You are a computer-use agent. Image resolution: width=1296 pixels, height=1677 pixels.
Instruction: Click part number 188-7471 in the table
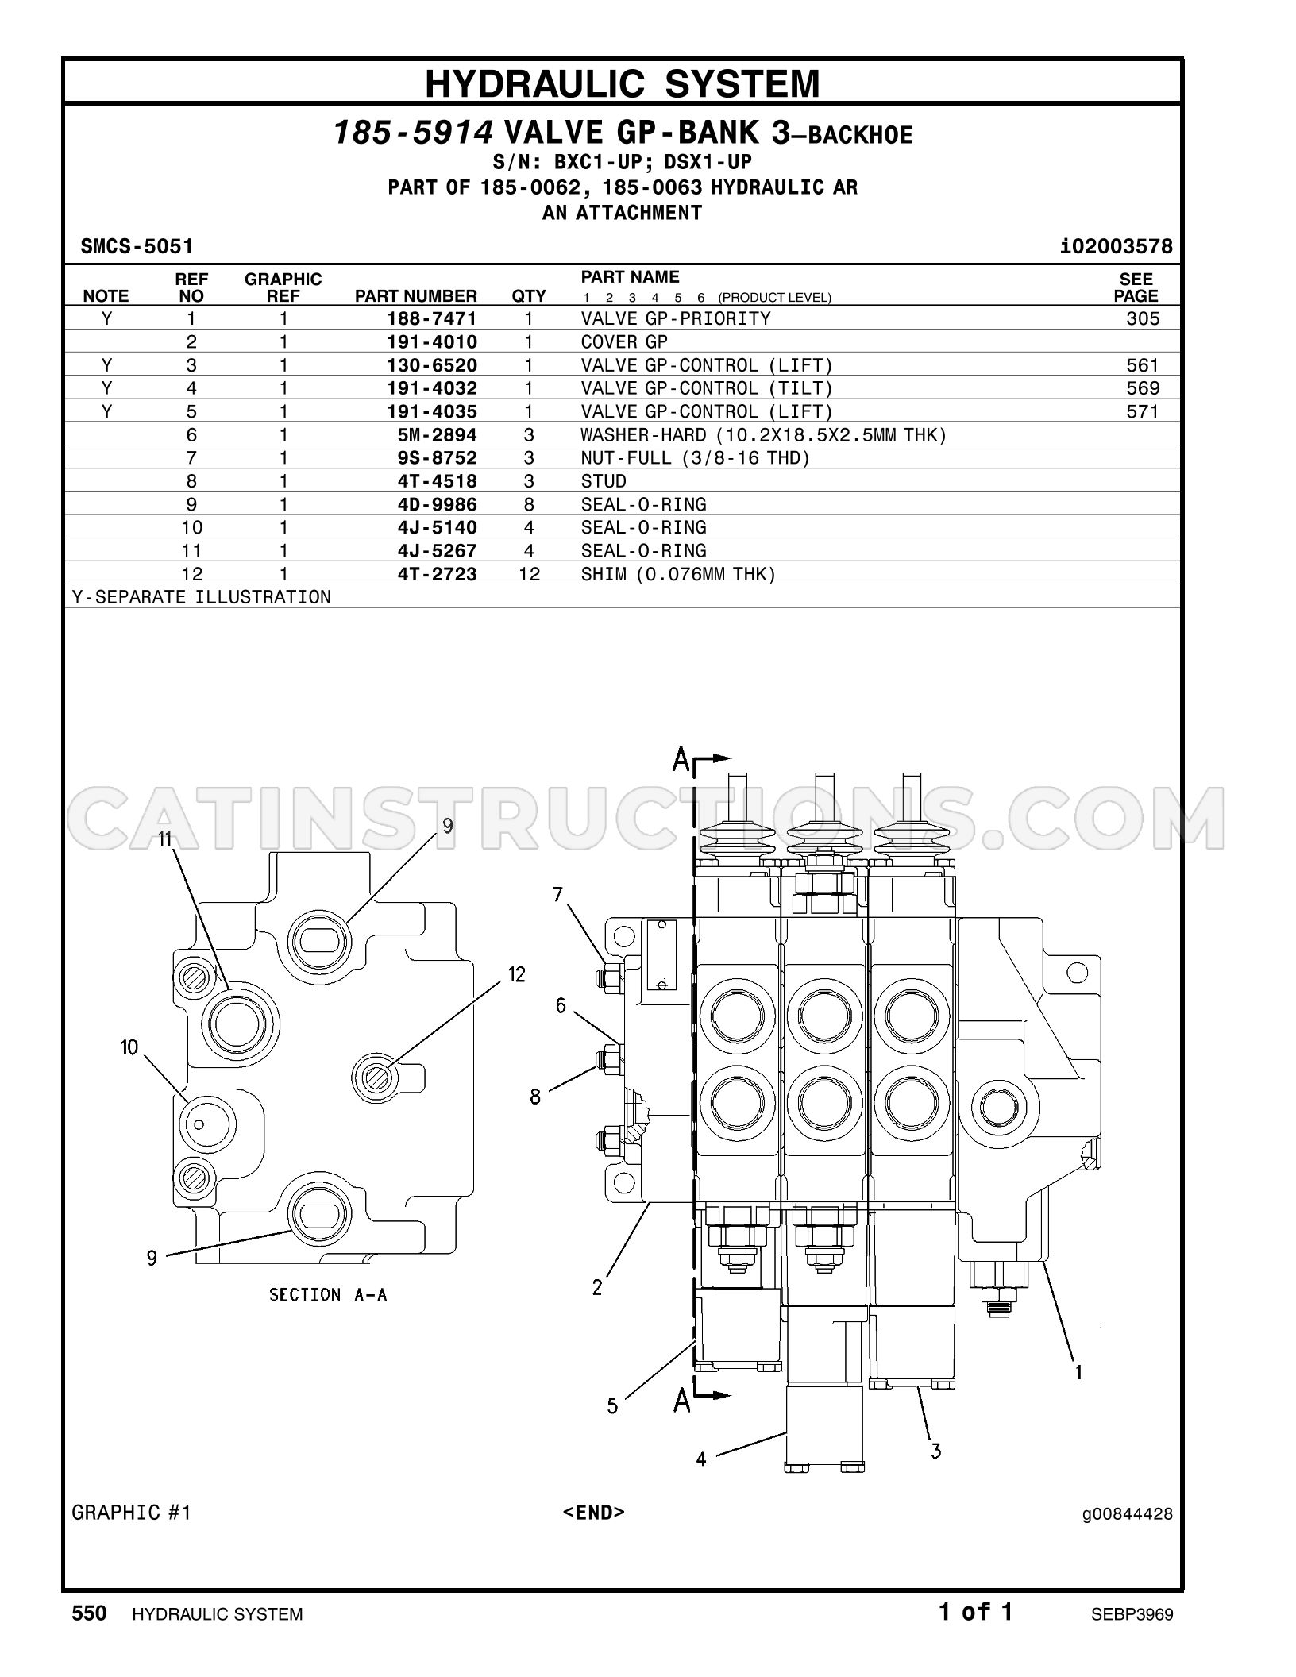pos(432,319)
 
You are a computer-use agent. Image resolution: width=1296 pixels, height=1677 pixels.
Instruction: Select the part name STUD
pos(604,481)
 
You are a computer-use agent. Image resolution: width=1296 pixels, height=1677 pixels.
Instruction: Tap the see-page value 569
pos(1143,388)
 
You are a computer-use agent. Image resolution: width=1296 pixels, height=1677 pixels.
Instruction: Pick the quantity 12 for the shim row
pos(529,574)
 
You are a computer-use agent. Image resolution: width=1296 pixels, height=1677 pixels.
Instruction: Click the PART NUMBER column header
pos(416,296)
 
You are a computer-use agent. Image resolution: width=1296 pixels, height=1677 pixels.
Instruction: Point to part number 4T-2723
pos(438,574)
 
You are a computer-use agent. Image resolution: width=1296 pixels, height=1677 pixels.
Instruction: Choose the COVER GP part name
pos(624,342)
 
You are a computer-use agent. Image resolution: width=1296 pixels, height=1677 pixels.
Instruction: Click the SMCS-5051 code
pos(137,246)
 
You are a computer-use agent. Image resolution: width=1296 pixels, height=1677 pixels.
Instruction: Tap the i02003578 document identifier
pos(1117,246)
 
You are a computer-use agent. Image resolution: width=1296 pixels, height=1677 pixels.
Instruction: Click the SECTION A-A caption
pos(328,1295)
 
